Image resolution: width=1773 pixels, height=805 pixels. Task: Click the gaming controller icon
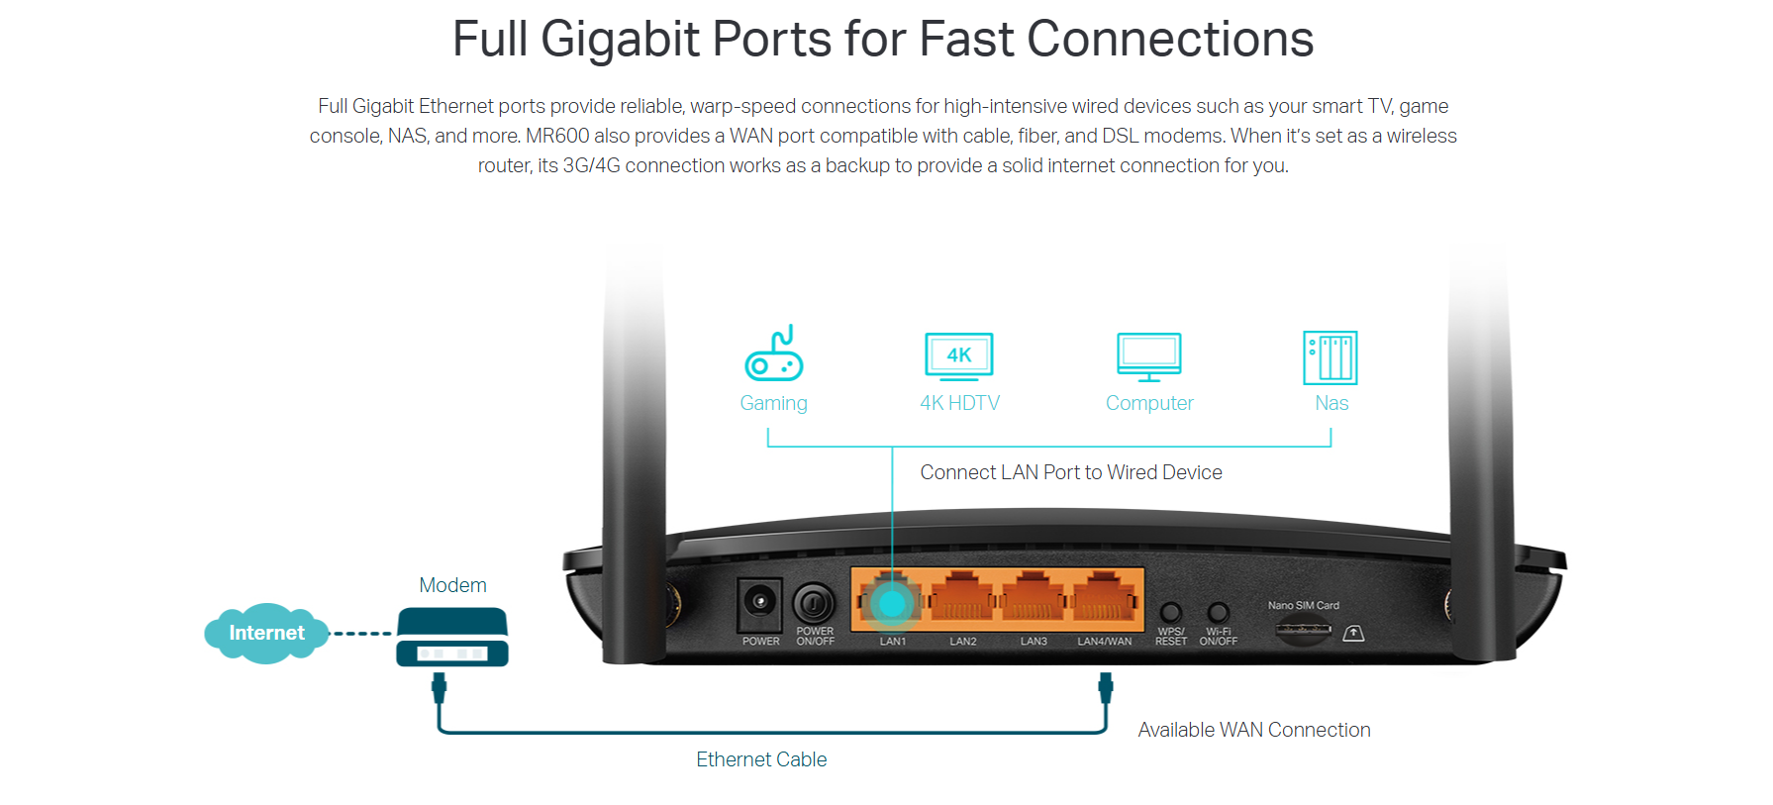(x=774, y=353)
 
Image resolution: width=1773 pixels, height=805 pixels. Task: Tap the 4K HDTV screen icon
(x=958, y=356)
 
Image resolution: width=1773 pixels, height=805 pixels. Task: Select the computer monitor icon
(x=1148, y=357)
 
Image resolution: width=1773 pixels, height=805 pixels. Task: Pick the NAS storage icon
(x=1330, y=357)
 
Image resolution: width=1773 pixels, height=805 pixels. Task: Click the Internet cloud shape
(x=266, y=634)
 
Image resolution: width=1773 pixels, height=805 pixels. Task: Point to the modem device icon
(x=452, y=637)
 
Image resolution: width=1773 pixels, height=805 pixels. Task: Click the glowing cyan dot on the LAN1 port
(x=892, y=603)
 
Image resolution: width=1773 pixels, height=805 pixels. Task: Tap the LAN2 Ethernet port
(x=962, y=599)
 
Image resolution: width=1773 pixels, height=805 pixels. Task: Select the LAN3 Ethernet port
(x=1033, y=599)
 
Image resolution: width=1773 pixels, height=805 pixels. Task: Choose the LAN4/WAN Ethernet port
(x=1104, y=599)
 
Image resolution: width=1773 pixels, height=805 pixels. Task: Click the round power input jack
(x=759, y=602)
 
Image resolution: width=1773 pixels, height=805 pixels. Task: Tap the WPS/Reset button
(x=1171, y=613)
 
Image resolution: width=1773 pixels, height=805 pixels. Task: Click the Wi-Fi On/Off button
(x=1219, y=613)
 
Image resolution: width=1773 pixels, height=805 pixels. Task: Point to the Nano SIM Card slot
(x=1303, y=629)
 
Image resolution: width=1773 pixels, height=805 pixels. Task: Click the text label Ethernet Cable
(x=761, y=759)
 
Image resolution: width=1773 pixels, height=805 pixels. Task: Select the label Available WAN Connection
(x=1254, y=730)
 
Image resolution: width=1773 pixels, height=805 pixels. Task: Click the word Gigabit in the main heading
(x=621, y=40)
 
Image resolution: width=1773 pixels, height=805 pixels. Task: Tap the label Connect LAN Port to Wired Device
(x=1071, y=472)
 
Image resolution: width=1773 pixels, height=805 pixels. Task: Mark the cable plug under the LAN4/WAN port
(x=1106, y=687)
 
